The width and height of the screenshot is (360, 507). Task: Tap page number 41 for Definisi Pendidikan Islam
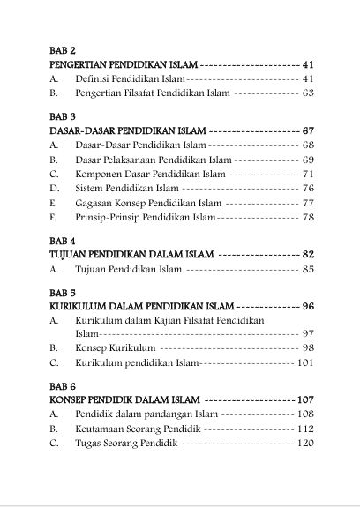308,78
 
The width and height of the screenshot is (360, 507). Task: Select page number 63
308,92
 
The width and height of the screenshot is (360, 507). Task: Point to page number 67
307,130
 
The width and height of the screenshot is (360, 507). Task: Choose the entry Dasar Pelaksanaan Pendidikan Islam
153,160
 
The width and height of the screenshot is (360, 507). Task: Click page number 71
308,174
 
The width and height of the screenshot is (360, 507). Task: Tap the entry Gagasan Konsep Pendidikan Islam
147,202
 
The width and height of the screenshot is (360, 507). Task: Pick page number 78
308,216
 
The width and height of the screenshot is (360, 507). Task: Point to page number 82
307,254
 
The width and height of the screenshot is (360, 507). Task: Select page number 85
308,269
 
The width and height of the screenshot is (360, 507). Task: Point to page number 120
305,443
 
